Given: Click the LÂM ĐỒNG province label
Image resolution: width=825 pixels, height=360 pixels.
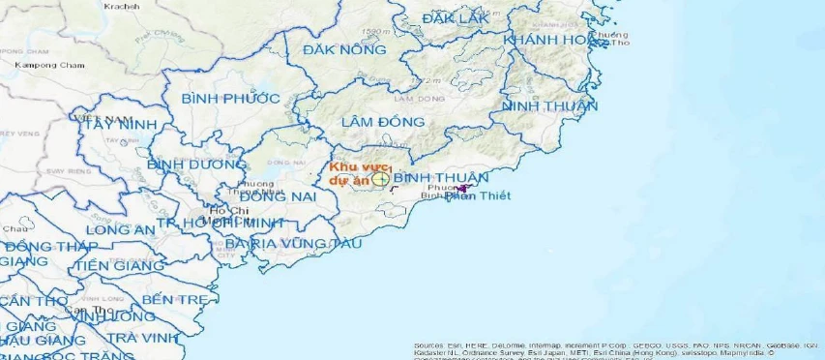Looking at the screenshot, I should coord(383,122).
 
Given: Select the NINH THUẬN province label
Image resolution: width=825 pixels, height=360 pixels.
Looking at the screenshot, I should coord(549,106).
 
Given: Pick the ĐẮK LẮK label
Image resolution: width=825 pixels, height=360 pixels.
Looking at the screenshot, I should coord(457,18).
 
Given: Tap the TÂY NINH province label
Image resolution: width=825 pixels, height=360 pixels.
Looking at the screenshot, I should coord(120,125).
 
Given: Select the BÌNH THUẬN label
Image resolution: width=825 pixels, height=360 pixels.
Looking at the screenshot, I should coord(441,178).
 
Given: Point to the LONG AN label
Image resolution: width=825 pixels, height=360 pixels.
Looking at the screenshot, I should coord(120,230).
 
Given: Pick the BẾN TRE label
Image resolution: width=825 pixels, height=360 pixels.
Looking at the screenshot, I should coord(174,300).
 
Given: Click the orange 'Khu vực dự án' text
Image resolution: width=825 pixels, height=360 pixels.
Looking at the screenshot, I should coord(348,173).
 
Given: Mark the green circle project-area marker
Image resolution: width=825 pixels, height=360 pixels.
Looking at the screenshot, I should coord(381,179).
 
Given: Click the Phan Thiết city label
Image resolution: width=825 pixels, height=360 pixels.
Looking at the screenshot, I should coord(478,196).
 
